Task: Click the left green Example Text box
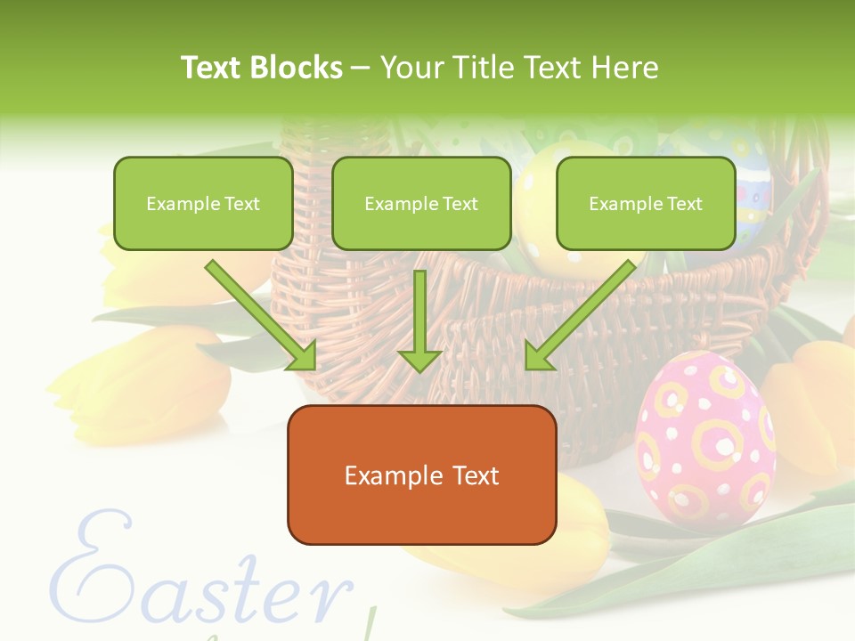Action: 203,203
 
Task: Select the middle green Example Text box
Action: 421,203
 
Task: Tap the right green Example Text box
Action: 646,203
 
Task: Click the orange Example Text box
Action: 421,475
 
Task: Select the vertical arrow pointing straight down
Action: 419,320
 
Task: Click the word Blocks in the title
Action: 297,68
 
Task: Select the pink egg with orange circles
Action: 704,436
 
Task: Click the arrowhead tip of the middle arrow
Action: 419,369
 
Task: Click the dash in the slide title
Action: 361,69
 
